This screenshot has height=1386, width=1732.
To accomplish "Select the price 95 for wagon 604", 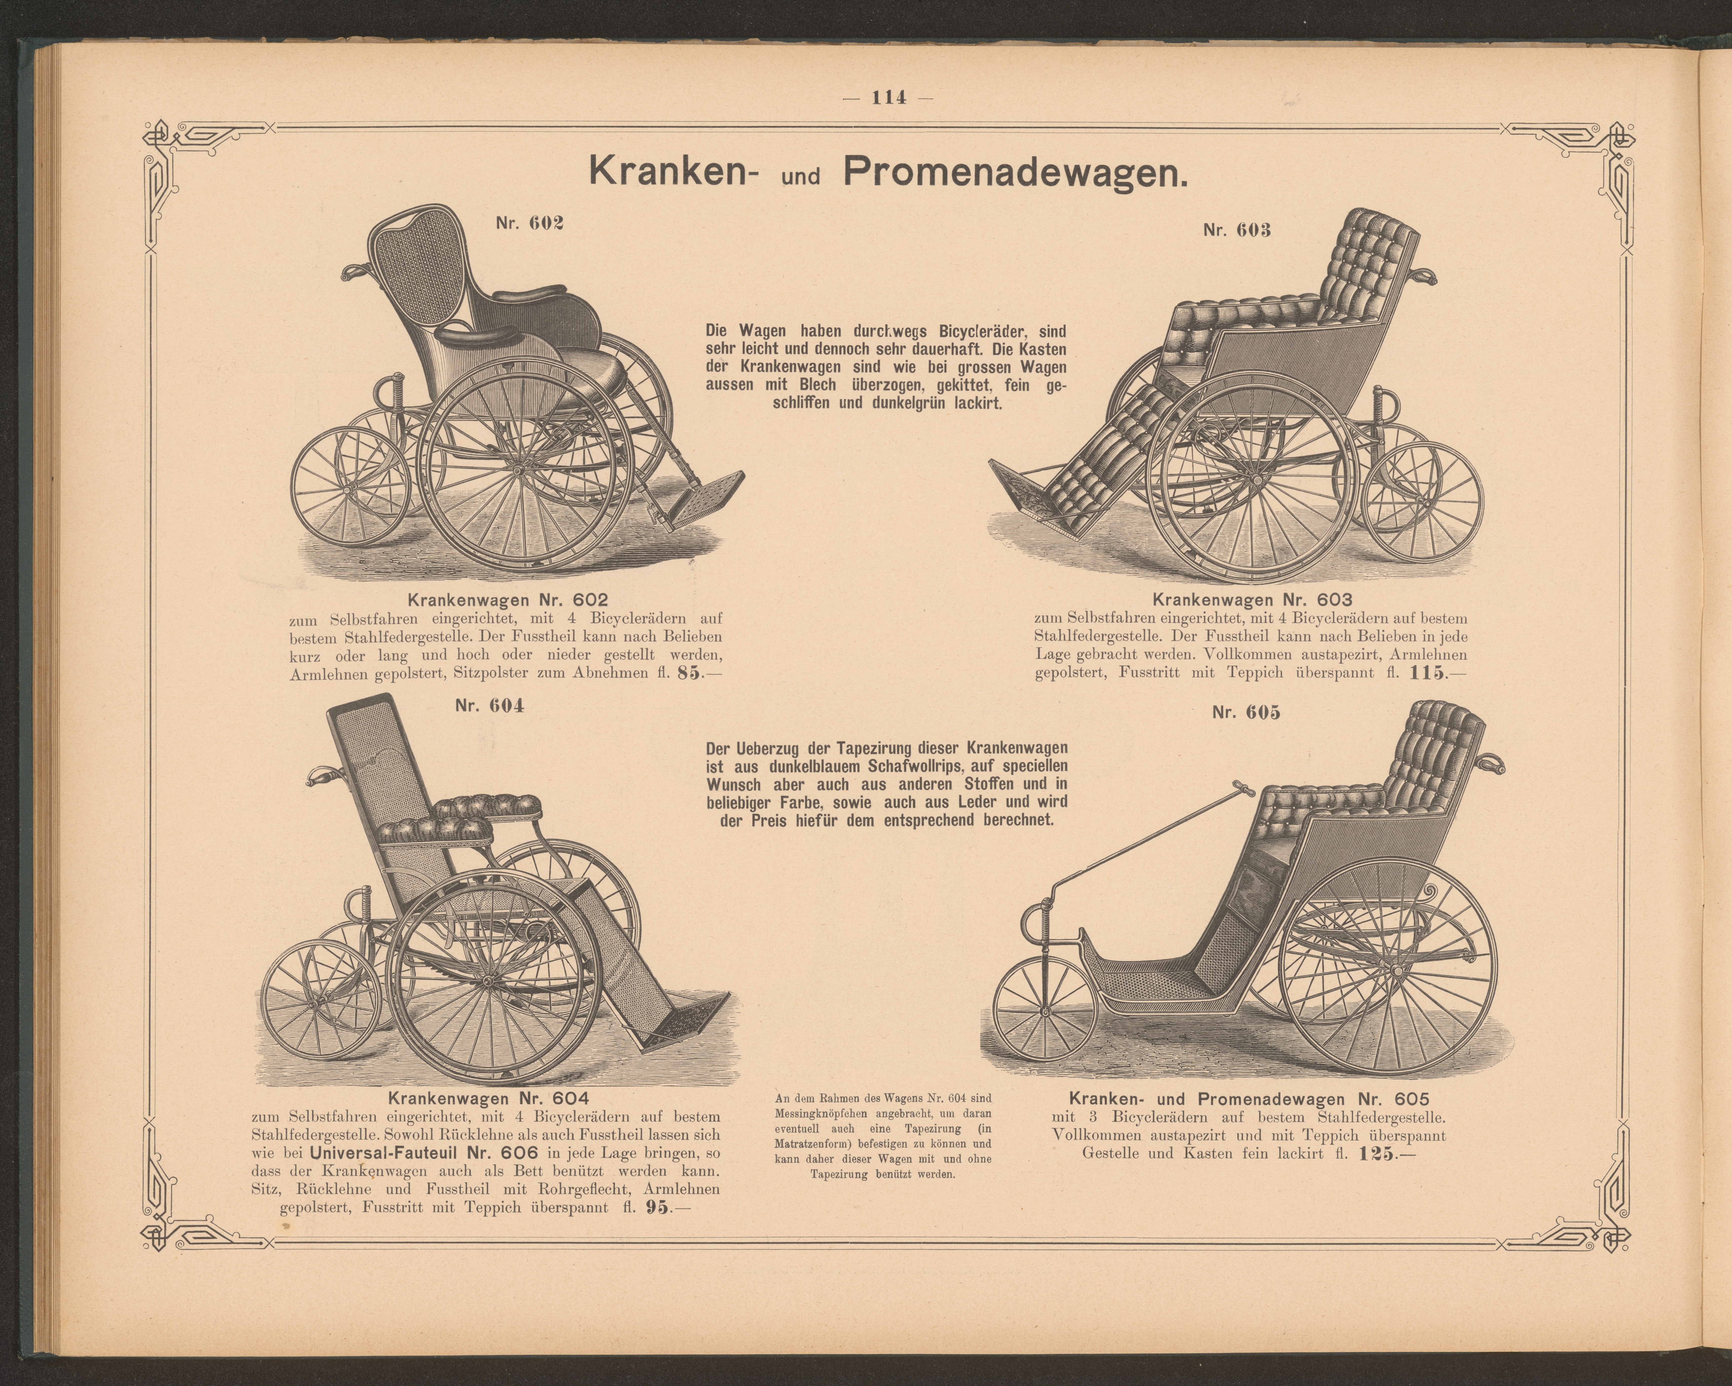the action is (657, 1208).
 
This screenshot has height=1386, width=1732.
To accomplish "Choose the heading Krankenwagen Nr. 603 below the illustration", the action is (1252, 600).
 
